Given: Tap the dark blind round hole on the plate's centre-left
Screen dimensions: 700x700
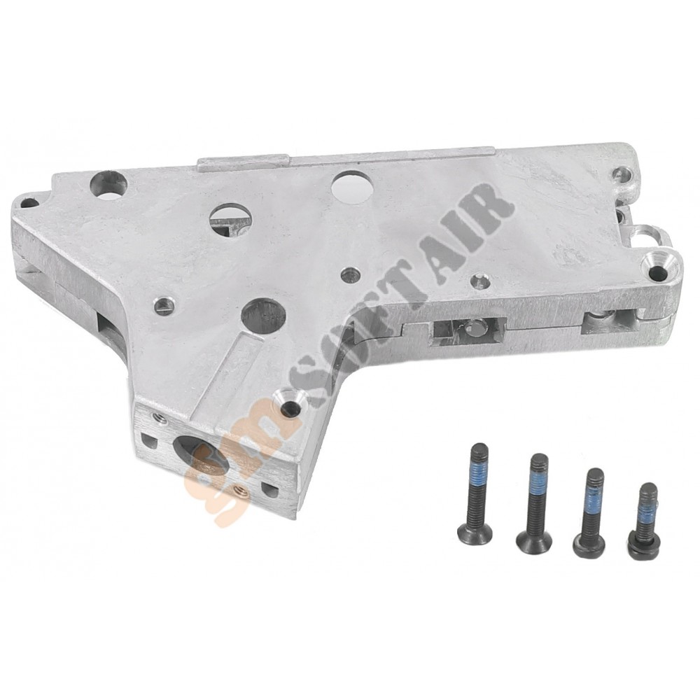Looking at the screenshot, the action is pos(263,316).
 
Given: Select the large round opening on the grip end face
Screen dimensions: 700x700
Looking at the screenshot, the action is pos(200,458).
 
